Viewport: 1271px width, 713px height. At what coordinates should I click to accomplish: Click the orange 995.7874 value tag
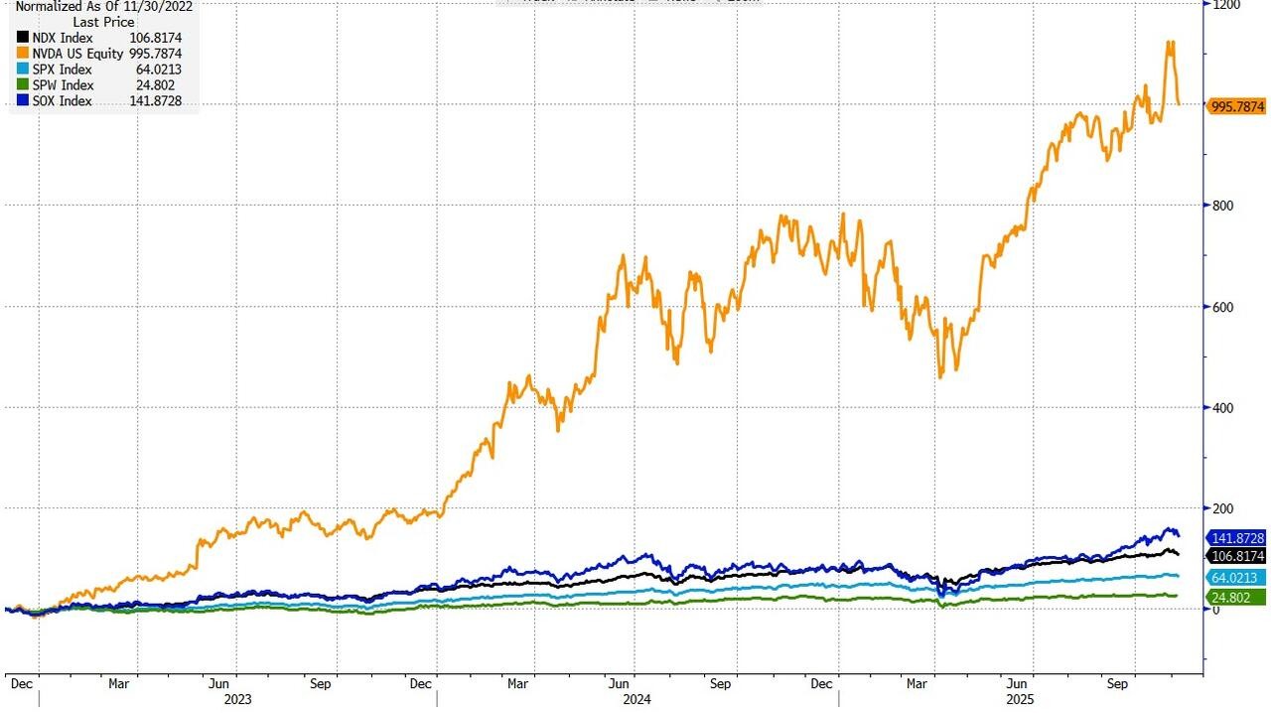pos(1236,106)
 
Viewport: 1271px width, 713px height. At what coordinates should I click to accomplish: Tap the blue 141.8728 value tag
pos(1236,538)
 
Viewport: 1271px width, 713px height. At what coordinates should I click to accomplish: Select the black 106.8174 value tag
pos(1236,555)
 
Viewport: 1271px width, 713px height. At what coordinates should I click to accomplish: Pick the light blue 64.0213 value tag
pos(1236,578)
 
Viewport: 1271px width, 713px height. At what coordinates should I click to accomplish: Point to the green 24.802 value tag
pos(1236,597)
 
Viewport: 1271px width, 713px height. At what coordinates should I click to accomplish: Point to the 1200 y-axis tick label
pos(1227,5)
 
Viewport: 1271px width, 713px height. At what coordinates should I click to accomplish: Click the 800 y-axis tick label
pos(1224,206)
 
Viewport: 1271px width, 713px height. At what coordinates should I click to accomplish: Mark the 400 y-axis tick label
pos(1224,407)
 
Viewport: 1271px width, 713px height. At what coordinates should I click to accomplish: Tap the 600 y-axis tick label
pos(1224,307)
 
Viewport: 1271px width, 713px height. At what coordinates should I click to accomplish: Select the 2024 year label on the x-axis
pos(637,699)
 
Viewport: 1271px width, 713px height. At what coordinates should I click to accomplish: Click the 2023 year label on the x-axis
pos(237,699)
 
